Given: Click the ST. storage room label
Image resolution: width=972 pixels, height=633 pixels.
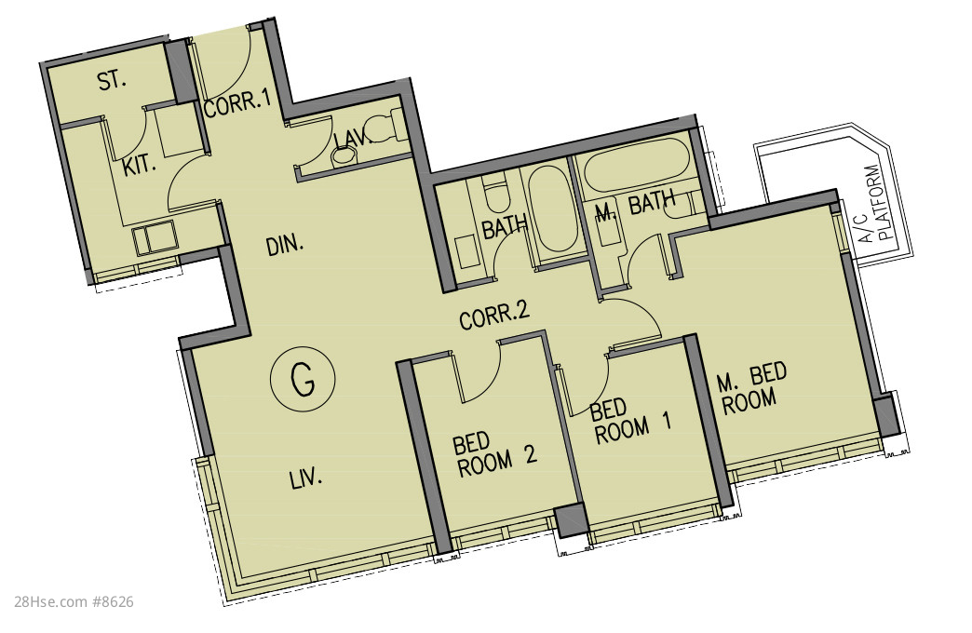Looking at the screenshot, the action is click(113, 81).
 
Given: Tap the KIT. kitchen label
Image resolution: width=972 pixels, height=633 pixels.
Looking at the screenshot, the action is click(138, 167).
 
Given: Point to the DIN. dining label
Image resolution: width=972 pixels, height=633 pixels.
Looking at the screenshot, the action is click(285, 246).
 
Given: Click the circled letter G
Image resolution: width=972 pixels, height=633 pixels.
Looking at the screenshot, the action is click(304, 379).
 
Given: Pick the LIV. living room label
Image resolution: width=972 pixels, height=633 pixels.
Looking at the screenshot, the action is click(306, 478).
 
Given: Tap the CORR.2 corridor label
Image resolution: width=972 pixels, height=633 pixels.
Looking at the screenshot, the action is click(494, 316).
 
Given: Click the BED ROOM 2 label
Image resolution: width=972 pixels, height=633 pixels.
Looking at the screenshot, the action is click(494, 455).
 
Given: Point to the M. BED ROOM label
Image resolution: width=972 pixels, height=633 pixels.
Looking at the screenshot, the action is click(751, 389).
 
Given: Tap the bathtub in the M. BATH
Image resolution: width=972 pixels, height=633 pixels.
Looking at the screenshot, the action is click(637, 166).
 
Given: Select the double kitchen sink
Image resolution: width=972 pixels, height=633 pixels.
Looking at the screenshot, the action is click(155, 240).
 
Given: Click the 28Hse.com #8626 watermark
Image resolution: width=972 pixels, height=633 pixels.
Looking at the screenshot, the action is click(74, 601).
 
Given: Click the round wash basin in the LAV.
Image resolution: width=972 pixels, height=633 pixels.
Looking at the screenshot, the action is click(342, 156).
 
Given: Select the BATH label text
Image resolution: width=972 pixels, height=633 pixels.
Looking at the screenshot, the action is click(504, 227).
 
